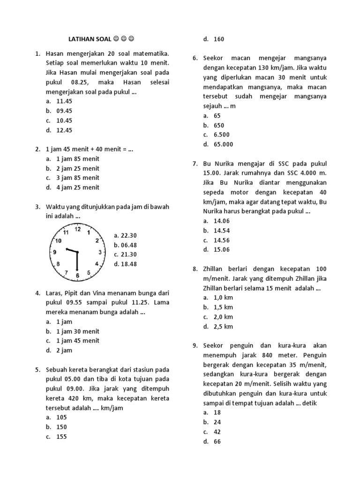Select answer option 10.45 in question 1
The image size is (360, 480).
pos(64,120)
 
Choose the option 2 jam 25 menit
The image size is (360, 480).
pos(77,168)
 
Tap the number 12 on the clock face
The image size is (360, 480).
pos(78,230)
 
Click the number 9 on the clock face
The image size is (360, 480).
pos(55,252)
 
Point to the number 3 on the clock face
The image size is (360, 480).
pos(100,253)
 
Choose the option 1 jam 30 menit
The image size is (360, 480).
pos(77,331)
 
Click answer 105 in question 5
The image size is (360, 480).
pos(61,417)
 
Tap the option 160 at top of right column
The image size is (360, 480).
pos(218,39)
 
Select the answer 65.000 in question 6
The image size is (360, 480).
pos(223,144)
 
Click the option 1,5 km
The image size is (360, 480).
pos(223,307)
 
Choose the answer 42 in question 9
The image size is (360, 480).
pos(217,432)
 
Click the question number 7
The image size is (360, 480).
pos(195,164)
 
